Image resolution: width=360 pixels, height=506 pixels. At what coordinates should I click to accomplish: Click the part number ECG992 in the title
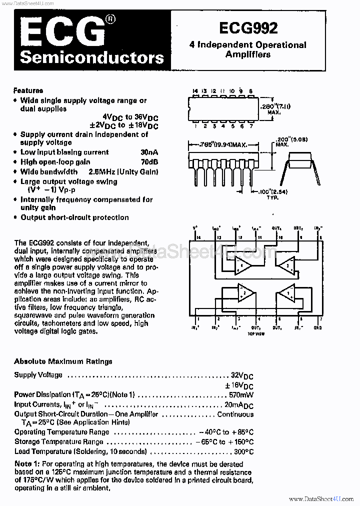248,28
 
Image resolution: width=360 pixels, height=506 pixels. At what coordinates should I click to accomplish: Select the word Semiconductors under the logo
91,58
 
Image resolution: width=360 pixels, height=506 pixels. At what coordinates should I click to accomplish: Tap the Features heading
28,90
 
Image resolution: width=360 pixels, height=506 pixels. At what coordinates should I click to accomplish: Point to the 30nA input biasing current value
149,152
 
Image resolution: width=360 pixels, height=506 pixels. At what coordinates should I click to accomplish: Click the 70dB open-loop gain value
149,162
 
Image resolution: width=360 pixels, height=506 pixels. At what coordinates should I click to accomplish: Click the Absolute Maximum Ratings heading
63,361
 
